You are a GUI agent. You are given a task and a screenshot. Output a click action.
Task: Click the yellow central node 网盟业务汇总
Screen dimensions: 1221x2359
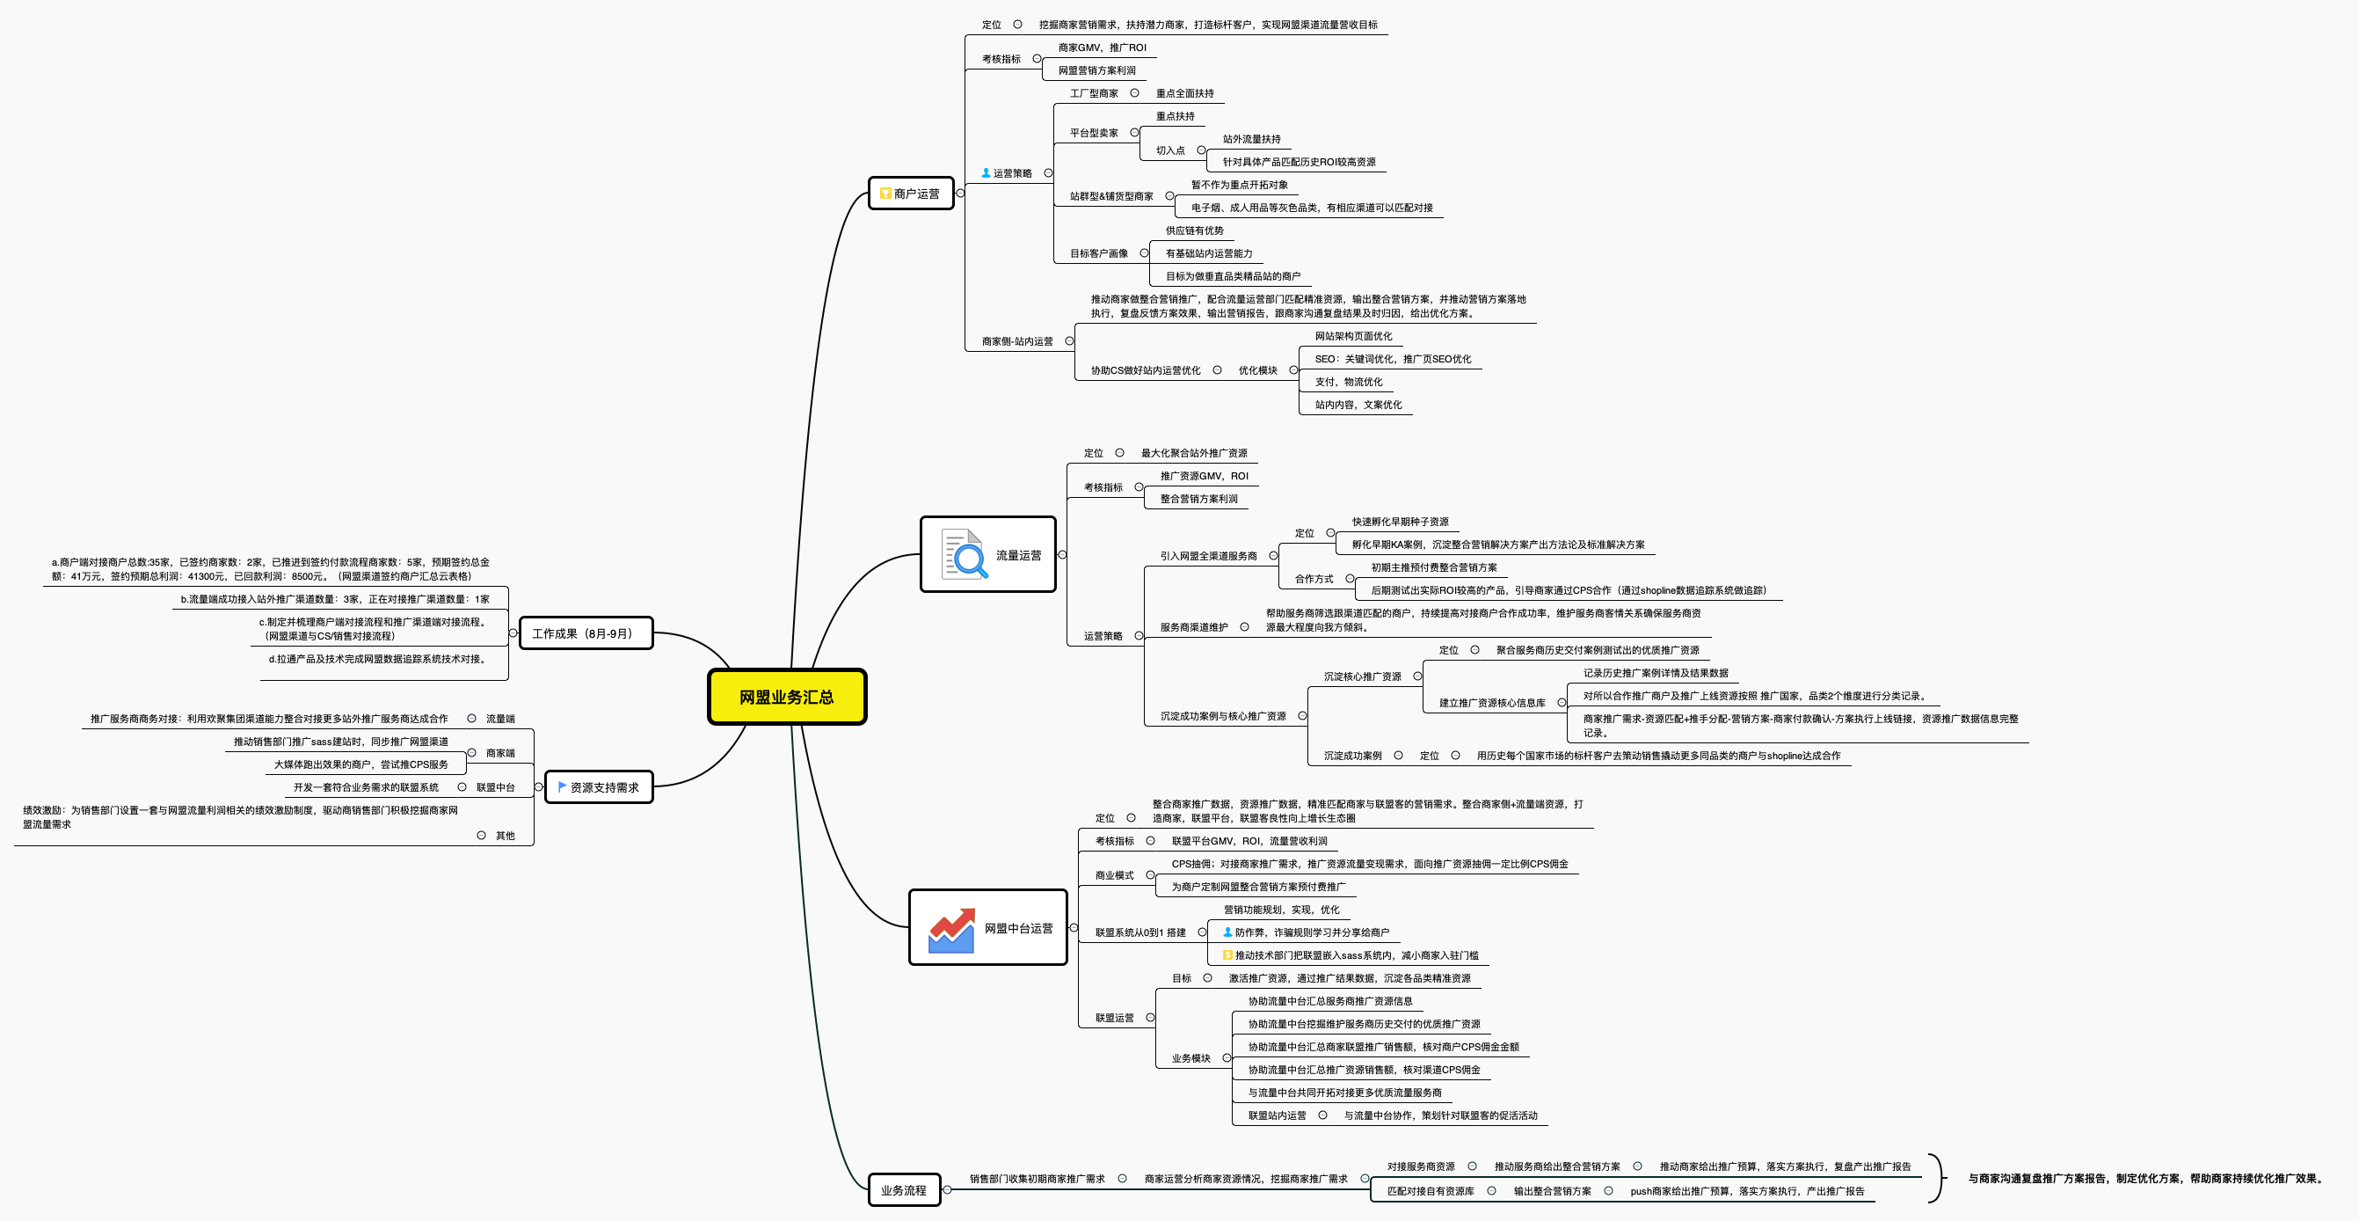[x=787, y=697]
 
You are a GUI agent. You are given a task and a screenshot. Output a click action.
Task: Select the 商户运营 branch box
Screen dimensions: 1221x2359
[x=911, y=194]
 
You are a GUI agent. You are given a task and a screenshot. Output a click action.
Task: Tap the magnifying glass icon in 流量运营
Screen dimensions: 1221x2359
[x=965, y=554]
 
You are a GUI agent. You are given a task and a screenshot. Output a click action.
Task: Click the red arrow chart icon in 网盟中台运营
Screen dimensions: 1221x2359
[x=951, y=929]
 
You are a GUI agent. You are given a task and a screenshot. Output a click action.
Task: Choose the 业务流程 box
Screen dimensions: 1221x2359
[x=904, y=1190]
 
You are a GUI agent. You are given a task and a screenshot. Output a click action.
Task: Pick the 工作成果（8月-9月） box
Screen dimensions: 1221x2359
[x=586, y=633]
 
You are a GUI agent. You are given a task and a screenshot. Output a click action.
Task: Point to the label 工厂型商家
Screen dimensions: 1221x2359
[x=1094, y=93]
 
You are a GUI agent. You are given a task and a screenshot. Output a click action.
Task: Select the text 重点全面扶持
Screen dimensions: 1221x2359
[x=1184, y=93]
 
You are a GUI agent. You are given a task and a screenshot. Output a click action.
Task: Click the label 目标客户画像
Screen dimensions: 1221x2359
[x=1099, y=253]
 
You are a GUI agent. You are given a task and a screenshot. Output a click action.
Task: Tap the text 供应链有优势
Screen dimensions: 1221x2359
[x=1194, y=230]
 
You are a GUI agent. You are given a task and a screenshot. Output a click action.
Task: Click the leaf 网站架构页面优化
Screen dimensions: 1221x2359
[x=1352, y=336]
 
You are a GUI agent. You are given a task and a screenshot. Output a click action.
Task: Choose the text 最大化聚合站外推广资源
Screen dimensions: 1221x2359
[x=1193, y=453]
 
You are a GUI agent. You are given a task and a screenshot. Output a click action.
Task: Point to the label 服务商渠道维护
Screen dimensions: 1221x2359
[x=1193, y=627]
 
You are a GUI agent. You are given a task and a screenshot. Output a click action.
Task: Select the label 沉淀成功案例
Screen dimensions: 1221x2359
[x=1351, y=756]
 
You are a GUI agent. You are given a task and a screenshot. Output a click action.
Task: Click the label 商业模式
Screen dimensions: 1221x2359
[x=1114, y=875]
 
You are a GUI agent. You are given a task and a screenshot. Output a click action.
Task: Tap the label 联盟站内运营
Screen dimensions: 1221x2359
[x=1277, y=1115]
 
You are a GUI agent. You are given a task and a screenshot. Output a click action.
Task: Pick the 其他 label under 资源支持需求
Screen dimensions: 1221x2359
[x=505, y=836]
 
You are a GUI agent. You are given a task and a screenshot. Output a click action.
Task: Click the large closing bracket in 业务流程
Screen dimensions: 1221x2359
[x=1936, y=1178]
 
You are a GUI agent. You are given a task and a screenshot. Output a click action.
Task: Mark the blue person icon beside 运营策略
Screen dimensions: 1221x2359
[x=986, y=173]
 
